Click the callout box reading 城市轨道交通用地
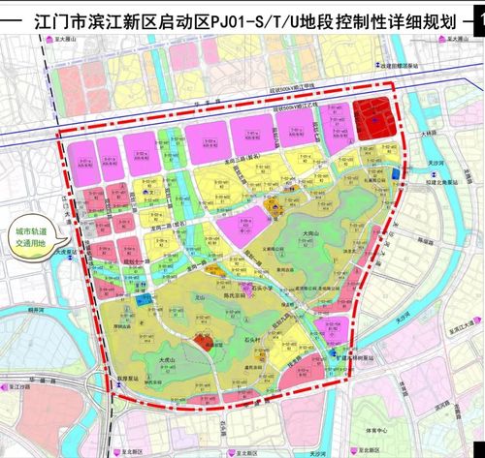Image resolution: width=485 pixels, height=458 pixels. point(36,238)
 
